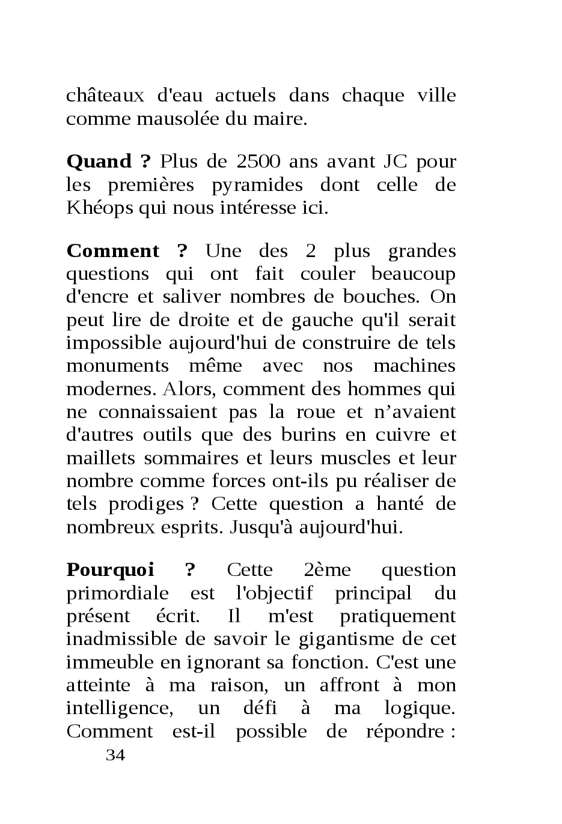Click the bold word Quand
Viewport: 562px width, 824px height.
pyautogui.click(x=99, y=162)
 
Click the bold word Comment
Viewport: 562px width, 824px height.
pyautogui.click(x=113, y=252)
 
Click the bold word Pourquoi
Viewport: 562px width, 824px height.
pyautogui.click(x=110, y=570)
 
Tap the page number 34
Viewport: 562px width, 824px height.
pyautogui.click(x=115, y=756)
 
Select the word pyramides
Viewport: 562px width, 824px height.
pyautogui.click(x=257, y=185)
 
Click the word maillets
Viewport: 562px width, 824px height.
pyautogui.click(x=101, y=458)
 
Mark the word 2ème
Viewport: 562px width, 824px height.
pyautogui.click(x=327, y=570)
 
